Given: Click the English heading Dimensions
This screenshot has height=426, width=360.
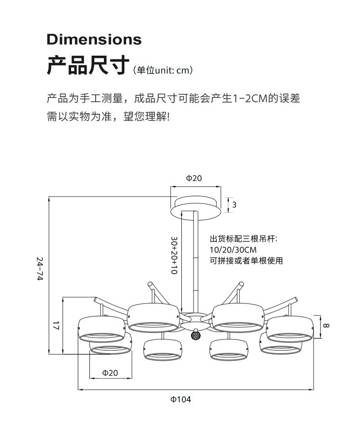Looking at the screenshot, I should point(94,39).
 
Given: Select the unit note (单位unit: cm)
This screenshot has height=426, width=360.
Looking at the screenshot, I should point(163,70).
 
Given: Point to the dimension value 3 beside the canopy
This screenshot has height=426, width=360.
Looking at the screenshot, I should point(234,205).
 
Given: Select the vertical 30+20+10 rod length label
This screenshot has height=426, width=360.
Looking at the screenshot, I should point(174,255).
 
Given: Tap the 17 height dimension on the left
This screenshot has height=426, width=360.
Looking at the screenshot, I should point(56,326).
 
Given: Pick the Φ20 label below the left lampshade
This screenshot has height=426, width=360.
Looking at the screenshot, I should point(110,373).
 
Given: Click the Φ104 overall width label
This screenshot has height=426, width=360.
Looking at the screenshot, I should point(181,400).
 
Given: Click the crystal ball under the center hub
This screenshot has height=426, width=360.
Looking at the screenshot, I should point(196,335).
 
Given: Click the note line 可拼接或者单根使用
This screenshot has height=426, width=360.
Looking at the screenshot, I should point(246,261).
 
